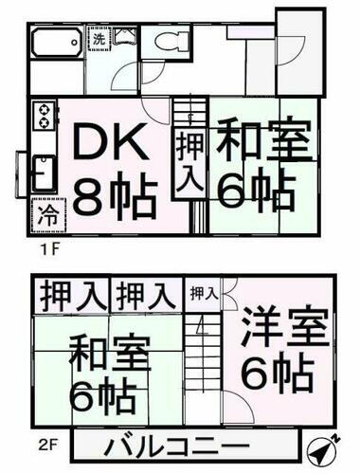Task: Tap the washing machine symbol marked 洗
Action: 99,41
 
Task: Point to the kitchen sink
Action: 43,172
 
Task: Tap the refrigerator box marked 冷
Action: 45,213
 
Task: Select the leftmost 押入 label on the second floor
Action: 72,295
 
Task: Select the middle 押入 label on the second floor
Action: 145,295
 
